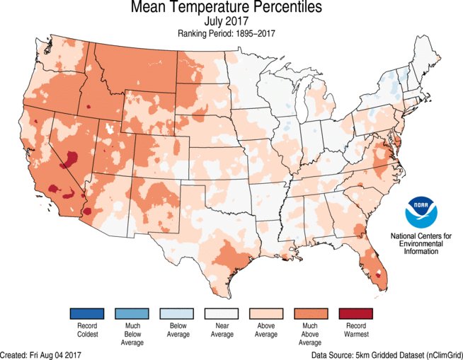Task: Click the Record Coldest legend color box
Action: [x=87, y=313]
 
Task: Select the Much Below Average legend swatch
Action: [x=132, y=313]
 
